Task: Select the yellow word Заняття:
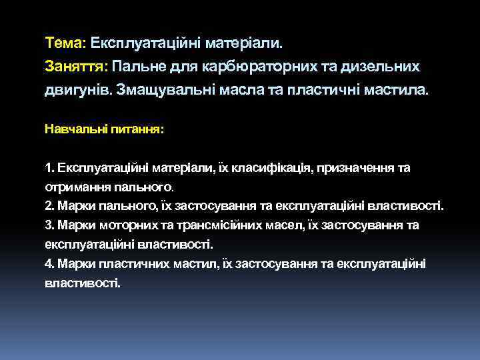[77, 67]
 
